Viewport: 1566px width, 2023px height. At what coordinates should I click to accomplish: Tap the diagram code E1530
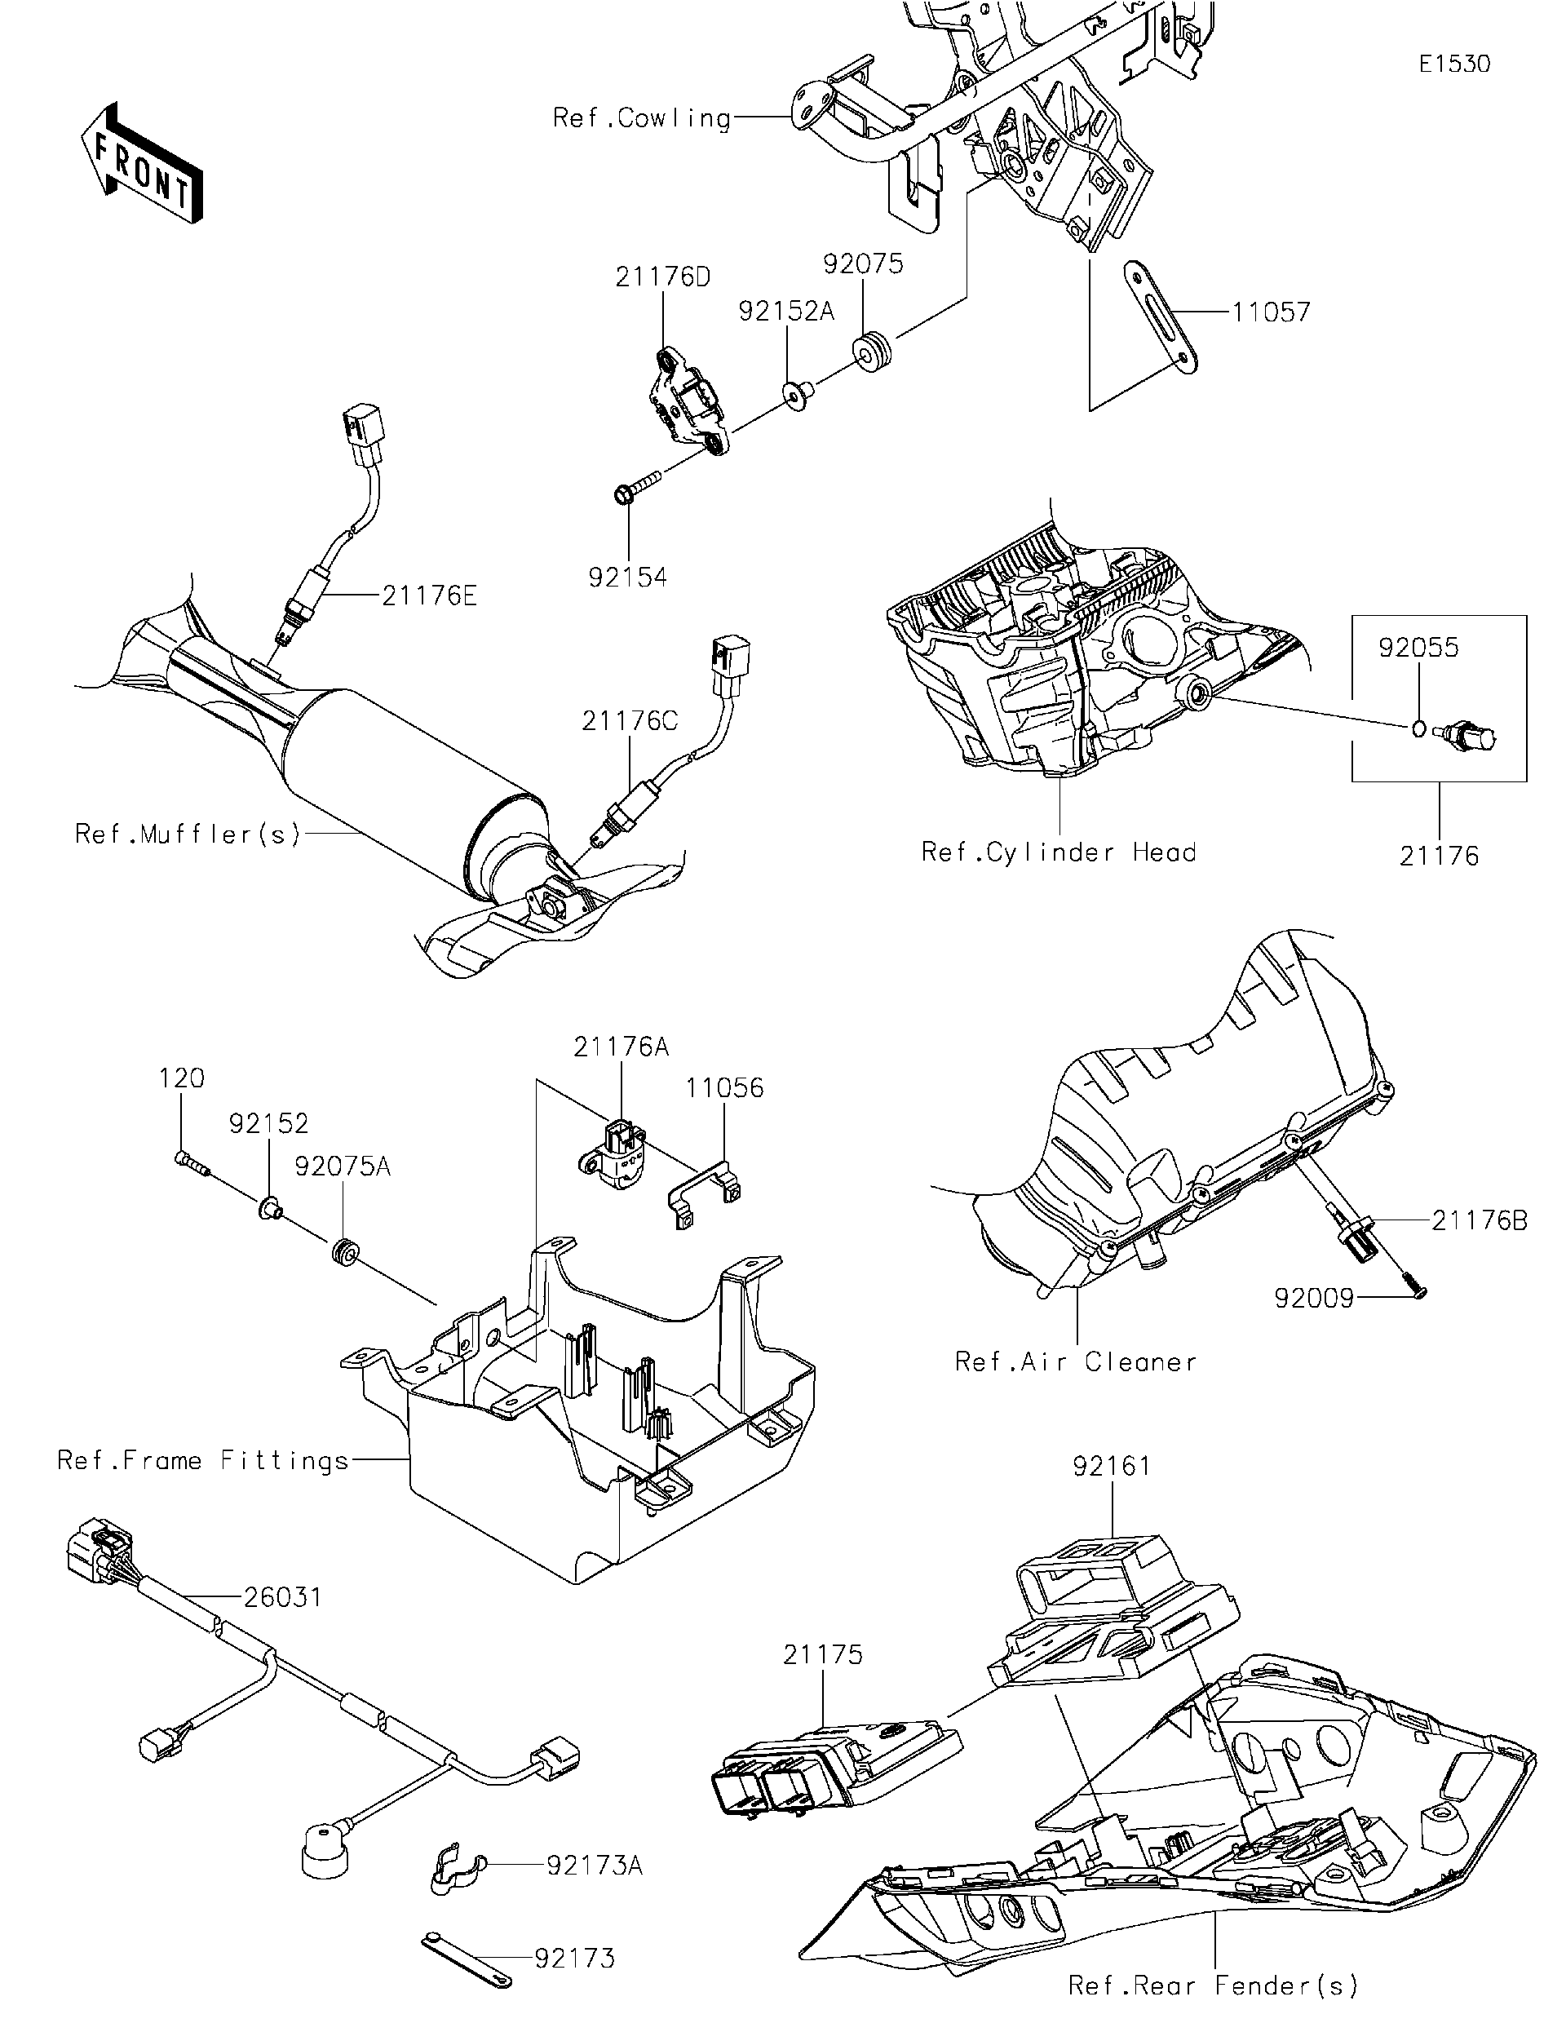(1455, 64)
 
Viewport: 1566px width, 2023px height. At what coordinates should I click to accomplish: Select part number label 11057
(1271, 312)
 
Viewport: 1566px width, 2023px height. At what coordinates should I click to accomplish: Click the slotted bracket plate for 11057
(1161, 317)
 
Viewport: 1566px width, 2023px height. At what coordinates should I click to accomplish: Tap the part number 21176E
(429, 595)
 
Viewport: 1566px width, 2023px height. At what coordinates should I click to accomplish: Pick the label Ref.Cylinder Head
(1059, 852)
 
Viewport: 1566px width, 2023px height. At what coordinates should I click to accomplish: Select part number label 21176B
(1479, 1221)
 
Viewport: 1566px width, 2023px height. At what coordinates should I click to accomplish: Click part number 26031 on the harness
(282, 1597)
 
